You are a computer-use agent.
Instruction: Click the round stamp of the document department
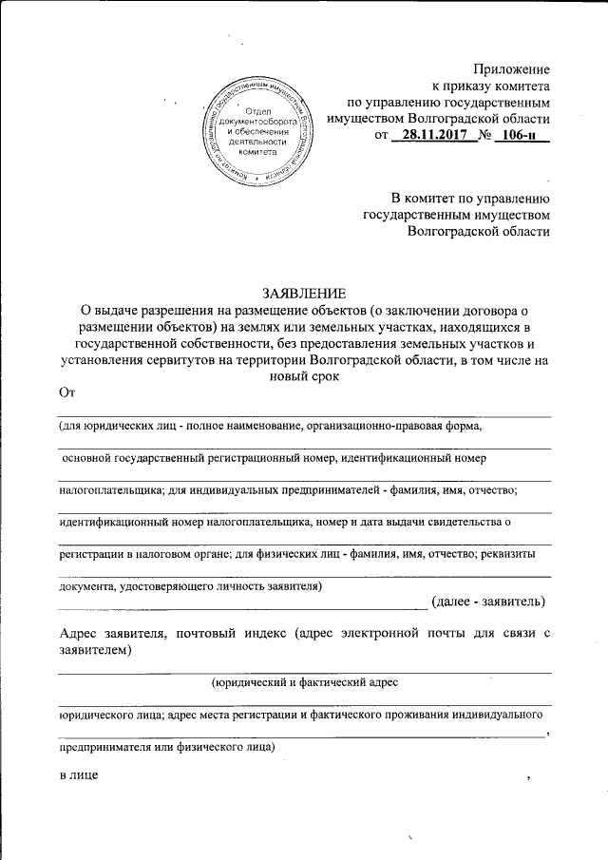click(x=258, y=131)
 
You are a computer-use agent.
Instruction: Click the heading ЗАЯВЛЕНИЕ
click(x=303, y=291)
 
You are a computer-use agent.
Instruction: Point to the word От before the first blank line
click(x=66, y=392)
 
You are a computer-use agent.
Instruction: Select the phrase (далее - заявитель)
click(x=487, y=601)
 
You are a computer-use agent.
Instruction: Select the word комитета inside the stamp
click(x=258, y=152)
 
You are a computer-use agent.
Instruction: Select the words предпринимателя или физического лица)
click(x=166, y=747)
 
